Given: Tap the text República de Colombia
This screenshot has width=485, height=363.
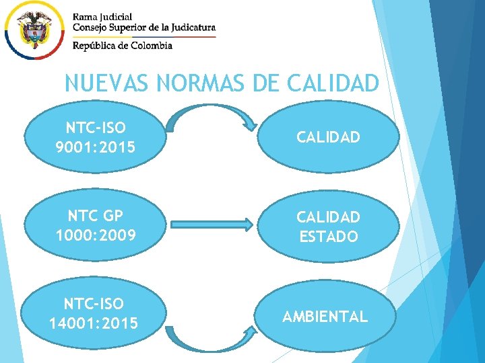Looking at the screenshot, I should (x=123, y=45).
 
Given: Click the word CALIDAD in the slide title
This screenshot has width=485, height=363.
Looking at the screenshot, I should (x=333, y=83).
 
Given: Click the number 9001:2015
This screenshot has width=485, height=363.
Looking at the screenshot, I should (x=96, y=146).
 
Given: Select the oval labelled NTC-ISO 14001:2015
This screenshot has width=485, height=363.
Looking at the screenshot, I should (x=94, y=315).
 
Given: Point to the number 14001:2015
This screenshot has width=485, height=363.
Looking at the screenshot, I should (x=94, y=324).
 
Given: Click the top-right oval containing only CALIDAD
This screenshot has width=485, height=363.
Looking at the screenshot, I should (x=329, y=138).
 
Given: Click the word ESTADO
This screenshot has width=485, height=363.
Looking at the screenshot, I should (x=329, y=237).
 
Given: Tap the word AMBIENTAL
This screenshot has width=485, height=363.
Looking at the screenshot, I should (x=325, y=317).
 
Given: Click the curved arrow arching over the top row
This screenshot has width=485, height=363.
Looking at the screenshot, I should (x=209, y=110).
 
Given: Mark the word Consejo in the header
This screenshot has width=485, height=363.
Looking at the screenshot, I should (x=91, y=28).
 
